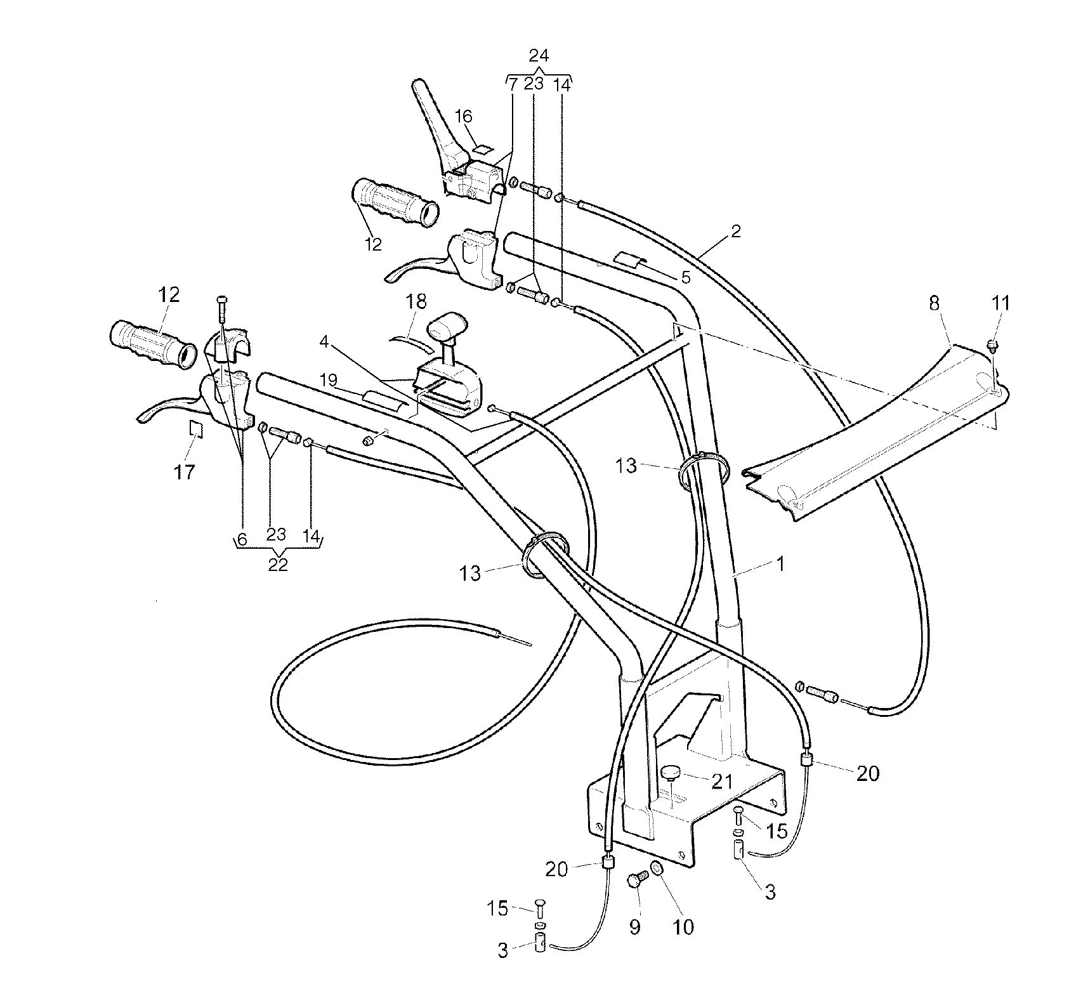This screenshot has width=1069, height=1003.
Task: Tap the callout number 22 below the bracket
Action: (x=278, y=564)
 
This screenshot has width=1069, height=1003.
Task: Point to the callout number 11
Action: (x=1000, y=303)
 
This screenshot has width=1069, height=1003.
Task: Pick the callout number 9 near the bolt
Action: (x=635, y=927)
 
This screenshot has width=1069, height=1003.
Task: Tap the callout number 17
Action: (x=184, y=471)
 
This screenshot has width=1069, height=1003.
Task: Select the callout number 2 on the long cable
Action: (x=735, y=231)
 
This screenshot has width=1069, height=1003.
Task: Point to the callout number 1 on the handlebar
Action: (x=780, y=563)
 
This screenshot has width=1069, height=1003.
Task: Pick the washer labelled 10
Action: (x=657, y=869)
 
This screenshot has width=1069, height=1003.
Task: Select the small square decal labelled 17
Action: (x=196, y=429)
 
